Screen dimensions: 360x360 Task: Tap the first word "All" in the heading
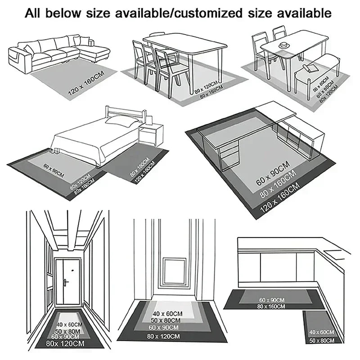(x=36, y=13)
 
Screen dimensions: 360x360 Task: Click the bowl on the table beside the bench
(x=284, y=45)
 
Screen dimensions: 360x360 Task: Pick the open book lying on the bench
(x=310, y=67)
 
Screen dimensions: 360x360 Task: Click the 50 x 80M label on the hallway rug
(x=67, y=331)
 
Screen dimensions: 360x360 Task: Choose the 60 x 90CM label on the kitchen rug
(x=271, y=300)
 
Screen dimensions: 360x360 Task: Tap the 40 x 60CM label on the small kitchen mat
(x=321, y=332)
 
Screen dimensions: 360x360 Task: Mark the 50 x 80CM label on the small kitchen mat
(x=321, y=340)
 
